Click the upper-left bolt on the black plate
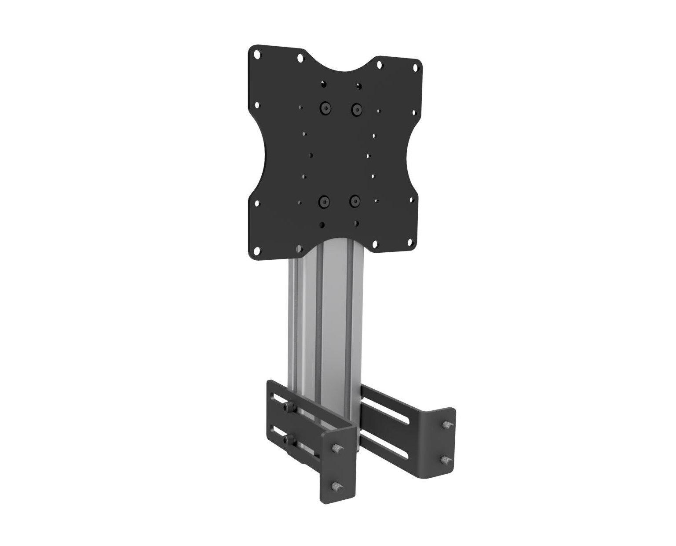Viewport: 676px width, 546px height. coord(325,107)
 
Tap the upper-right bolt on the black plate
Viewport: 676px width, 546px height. coord(355,108)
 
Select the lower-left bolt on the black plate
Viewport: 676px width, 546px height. coord(324,201)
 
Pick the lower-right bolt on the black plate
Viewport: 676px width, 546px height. coord(354,201)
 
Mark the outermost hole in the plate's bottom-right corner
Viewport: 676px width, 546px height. coord(413,241)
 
